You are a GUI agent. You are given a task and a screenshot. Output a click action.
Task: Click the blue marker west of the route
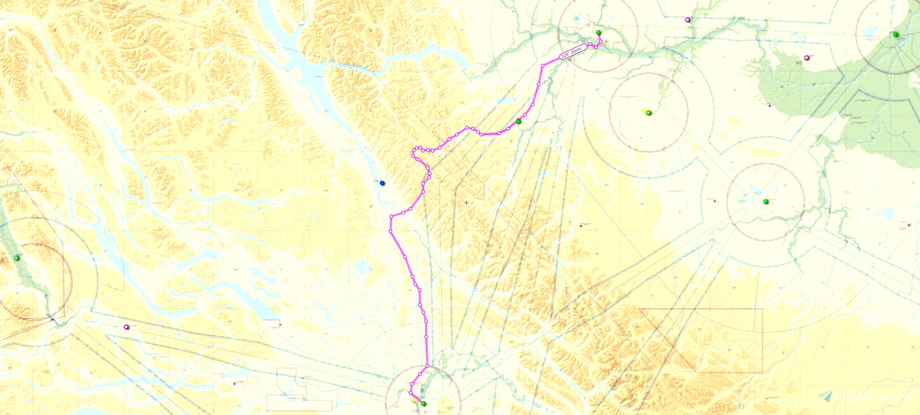[x=382, y=183]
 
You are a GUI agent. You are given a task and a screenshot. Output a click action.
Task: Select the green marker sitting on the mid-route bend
[x=518, y=121]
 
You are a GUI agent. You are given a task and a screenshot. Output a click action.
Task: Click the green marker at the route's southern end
[x=423, y=403]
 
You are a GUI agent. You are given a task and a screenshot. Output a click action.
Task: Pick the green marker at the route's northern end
[x=598, y=33]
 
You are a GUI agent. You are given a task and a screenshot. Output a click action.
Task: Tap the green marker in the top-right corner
[x=895, y=34]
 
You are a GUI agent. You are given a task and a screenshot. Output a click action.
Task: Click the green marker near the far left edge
[x=17, y=258]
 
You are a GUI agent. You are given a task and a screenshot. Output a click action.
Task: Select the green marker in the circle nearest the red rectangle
[x=766, y=201]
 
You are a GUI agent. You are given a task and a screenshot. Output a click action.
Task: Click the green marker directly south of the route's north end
[x=649, y=113]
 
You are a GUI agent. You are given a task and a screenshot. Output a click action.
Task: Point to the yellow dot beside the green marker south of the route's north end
[x=644, y=111]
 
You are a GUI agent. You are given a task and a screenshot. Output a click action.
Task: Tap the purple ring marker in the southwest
[x=126, y=327]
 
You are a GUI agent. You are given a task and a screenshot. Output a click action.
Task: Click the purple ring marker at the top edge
[x=687, y=20]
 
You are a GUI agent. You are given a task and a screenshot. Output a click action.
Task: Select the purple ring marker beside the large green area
[x=807, y=58]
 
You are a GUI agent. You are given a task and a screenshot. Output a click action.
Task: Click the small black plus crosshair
[x=466, y=203]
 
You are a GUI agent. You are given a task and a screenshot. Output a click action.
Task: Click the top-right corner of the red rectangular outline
[x=762, y=308]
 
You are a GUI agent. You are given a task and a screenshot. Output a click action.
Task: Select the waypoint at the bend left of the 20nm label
[x=543, y=66]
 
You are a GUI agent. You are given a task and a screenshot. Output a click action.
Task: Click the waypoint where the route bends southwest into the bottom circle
[x=427, y=366]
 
